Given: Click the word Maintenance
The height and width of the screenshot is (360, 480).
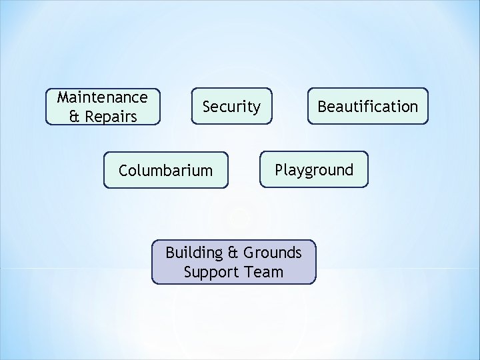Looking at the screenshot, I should coord(103,97).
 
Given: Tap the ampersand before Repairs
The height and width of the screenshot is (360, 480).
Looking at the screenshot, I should coord(73,117).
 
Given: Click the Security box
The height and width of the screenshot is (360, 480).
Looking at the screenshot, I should coord(231,107).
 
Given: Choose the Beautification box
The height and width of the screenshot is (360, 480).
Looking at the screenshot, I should coord(367,107).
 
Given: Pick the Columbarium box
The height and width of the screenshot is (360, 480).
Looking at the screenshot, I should coord(166,171).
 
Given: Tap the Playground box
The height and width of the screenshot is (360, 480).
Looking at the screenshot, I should coord(314,170).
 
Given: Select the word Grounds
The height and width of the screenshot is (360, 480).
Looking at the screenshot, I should coord(272,253).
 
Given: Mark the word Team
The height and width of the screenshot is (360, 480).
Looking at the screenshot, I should coord(267,272).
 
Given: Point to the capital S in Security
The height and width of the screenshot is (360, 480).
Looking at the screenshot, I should coord(207,107).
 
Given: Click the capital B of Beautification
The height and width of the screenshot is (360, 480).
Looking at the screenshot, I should coord(322,107).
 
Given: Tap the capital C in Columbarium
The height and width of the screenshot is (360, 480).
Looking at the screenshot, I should coord(123,171).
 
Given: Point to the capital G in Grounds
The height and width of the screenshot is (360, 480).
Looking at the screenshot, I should coord(249,253).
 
